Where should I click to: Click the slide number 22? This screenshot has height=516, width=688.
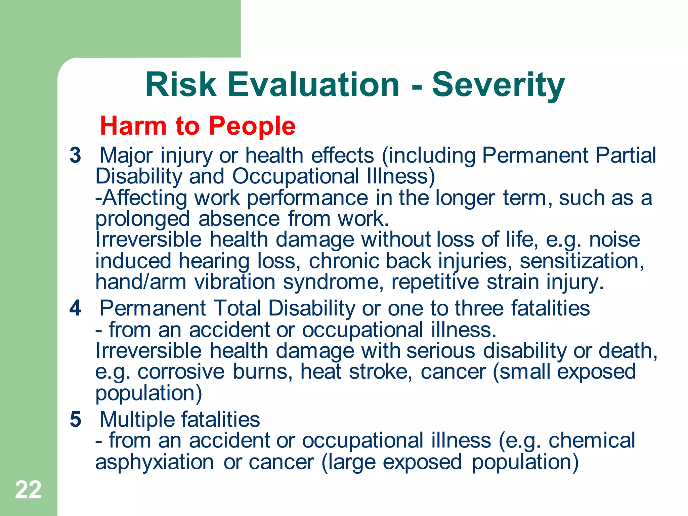point(28,490)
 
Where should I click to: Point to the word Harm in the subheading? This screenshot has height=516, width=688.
point(133,126)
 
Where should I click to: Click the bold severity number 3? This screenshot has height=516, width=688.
point(76,156)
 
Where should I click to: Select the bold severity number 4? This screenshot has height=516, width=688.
point(76,308)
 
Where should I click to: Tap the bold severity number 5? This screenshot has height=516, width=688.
point(76,419)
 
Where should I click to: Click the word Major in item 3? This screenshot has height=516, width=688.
point(126,156)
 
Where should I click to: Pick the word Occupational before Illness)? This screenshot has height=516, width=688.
point(296,176)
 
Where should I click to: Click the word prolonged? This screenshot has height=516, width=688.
point(143,219)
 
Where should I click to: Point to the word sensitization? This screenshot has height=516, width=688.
point(582,261)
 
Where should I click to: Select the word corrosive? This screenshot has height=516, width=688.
point(181,372)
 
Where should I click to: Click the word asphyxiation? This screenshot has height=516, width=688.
point(155,462)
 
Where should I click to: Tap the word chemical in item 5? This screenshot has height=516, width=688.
point(592,440)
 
